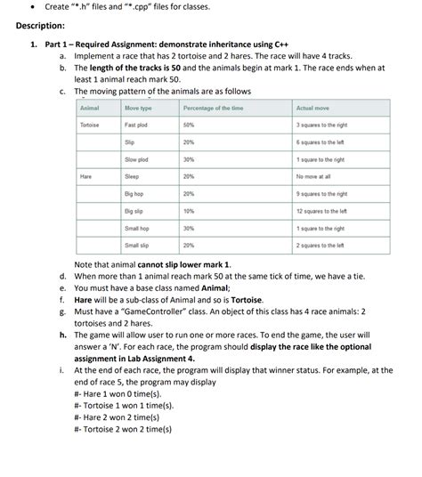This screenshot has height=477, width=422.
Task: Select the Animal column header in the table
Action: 90,108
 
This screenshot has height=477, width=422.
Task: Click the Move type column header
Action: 138,108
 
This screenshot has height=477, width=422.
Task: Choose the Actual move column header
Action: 313,108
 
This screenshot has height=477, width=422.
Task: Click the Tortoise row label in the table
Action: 90,125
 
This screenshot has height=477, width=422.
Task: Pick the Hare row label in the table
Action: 86,176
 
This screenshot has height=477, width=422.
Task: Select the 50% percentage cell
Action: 189,125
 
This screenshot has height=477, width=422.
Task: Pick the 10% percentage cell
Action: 189,210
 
